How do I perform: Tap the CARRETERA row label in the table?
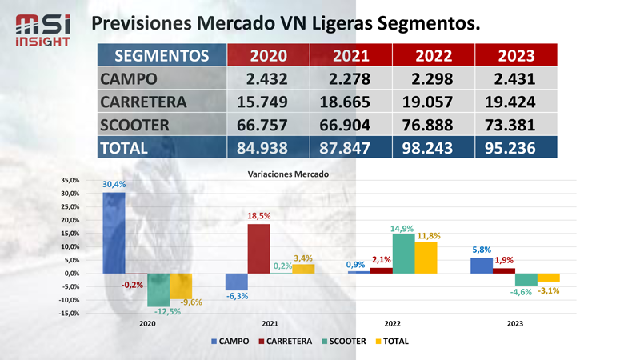click(143, 102)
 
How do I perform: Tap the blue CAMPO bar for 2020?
click(114, 233)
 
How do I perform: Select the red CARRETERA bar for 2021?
click(258, 248)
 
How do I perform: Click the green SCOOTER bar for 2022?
click(404, 253)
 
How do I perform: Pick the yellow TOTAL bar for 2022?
click(426, 257)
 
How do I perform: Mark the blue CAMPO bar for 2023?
click(482, 265)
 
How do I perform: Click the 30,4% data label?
click(114, 185)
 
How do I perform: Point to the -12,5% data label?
click(168, 311)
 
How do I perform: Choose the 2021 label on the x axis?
click(270, 324)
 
